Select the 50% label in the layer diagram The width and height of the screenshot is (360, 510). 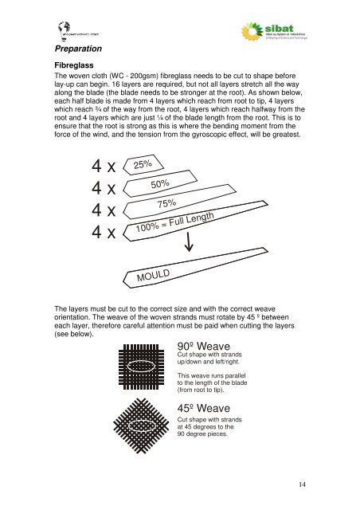coord(163,185)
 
